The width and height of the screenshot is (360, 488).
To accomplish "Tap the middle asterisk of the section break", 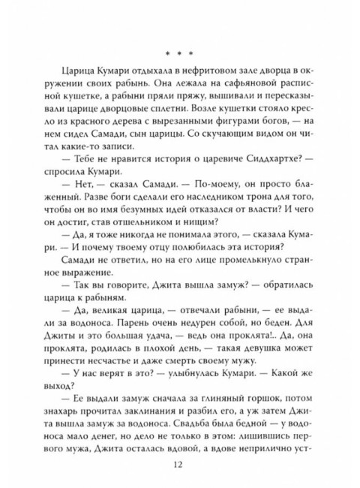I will (180, 54).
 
